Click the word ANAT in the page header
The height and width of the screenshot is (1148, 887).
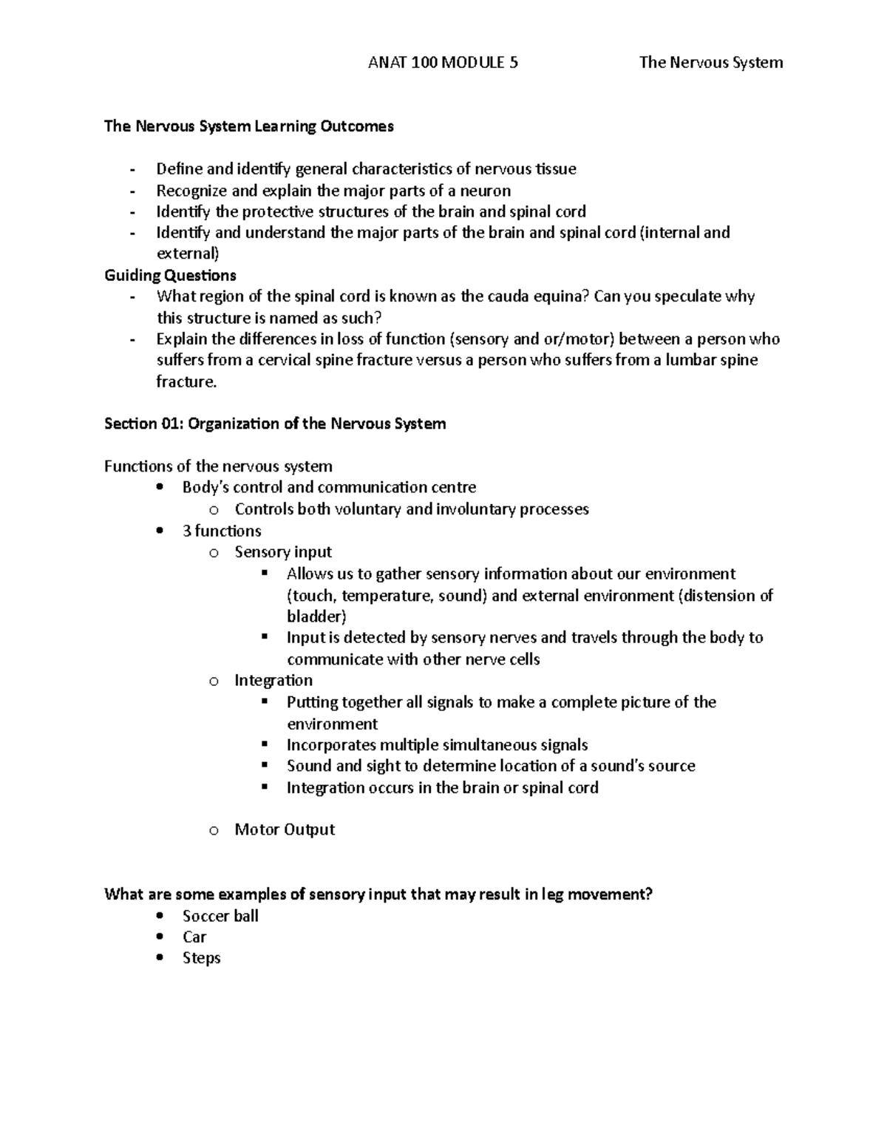pyautogui.click(x=385, y=63)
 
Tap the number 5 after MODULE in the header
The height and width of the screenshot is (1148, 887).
pyautogui.click(x=514, y=63)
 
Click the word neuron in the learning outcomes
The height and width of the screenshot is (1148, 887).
pyautogui.click(x=486, y=191)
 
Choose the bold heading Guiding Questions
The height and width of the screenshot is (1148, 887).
pyautogui.click(x=170, y=276)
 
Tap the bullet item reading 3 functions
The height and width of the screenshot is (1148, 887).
pyautogui.click(x=222, y=531)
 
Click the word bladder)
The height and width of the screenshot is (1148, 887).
pyautogui.click(x=316, y=617)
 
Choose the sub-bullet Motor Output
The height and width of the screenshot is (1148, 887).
pyautogui.click(x=285, y=830)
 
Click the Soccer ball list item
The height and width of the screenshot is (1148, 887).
pyautogui.click(x=220, y=916)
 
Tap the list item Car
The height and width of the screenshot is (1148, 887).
pyautogui.click(x=194, y=937)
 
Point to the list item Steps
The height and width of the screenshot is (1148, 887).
pyautogui.click(x=202, y=958)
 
